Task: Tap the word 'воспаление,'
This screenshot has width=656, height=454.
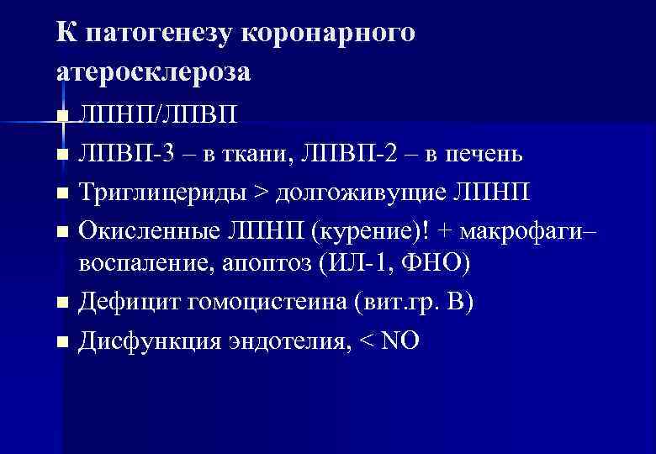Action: (147, 265)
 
